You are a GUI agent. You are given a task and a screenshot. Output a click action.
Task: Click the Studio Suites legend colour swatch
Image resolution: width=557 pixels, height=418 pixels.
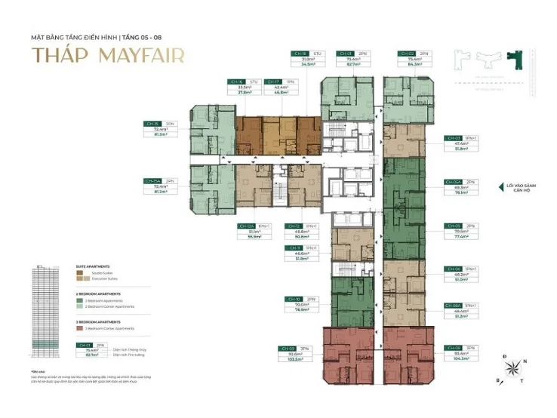click(79, 272)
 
